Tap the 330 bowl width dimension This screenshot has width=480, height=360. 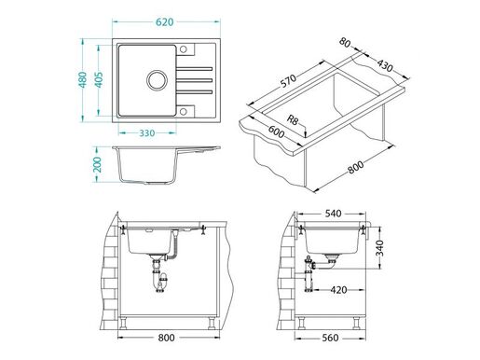(142, 133)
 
